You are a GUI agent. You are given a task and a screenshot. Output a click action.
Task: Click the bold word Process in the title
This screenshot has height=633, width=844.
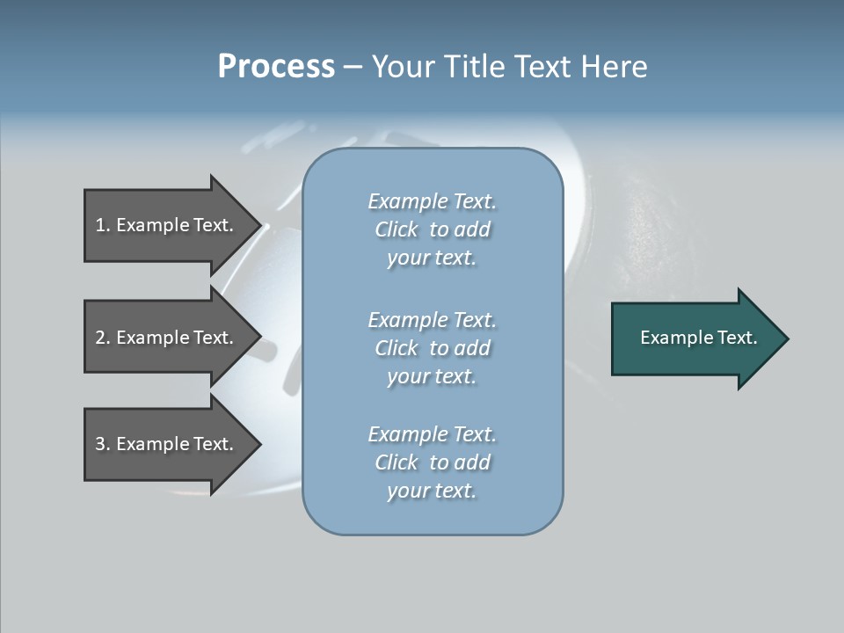pos(276,67)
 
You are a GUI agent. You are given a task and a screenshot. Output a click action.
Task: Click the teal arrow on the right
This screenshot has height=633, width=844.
pos(695,338)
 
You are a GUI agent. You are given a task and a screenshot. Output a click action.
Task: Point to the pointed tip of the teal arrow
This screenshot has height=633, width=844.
pos(785,338)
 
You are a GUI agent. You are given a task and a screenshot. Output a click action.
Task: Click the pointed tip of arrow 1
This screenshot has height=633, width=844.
pos(258,225)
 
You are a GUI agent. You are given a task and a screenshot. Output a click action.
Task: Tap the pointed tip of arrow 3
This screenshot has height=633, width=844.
pos(258,444)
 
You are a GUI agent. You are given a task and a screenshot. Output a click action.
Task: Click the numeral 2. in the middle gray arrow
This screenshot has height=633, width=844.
pos(102,338)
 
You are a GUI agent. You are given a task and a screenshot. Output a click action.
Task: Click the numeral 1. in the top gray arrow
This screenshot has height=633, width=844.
pos(102,225)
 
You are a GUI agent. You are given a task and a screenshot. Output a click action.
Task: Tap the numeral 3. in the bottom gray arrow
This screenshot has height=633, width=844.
pos(102,444)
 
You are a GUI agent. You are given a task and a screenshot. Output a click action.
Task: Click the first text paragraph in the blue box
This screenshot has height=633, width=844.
pos(432,229)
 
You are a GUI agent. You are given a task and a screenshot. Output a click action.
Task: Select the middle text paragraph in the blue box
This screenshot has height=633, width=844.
pos(432,348)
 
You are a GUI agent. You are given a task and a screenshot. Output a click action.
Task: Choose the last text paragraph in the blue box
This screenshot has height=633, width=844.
pos(432,462)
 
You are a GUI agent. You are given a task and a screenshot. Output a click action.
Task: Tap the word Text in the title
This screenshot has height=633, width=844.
pos(537,67)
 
